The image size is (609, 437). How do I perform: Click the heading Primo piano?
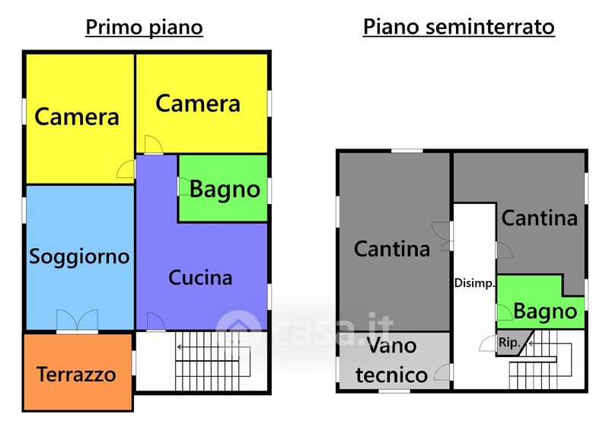click(x=144, y=27)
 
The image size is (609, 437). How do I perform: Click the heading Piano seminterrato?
click(x=458, y=27)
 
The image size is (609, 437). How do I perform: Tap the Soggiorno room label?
click(x=79, y=257)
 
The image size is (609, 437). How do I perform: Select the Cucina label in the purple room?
click(x=200, y=278)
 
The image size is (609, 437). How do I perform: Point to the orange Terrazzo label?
click(x=76, y=375)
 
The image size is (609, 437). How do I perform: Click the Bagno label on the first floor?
click(x=225, y=189)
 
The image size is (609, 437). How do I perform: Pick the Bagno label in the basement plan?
click(x=545, y=311)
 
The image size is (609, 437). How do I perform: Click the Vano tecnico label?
click(x=391, y=360)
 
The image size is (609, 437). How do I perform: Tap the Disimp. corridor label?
click(x=475, y=283)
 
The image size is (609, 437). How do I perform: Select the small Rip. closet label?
click(x=509, y=343)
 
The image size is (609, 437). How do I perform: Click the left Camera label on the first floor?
click(x=77, y=117)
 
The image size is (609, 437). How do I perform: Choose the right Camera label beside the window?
click(x=198, y=104)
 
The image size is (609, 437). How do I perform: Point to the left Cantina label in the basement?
click(x=392, y=249)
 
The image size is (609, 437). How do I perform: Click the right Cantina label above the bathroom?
click(x=539, y=218)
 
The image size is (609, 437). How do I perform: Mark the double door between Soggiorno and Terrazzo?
click(x=77, y=321)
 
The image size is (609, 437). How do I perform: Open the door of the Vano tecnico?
click(x=442, y=372)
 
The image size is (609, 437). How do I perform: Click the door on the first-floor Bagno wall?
click(x=183, y=187)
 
